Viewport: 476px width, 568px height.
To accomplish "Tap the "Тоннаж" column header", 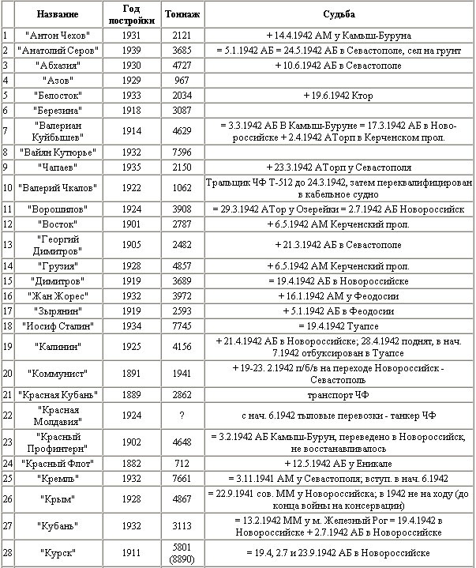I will [x=181, y=14].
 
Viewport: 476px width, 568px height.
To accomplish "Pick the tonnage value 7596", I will [x=181, y=152].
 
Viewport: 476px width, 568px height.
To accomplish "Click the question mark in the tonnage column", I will [x=181, y=416].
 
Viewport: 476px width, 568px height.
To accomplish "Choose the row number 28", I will [x=6, y=553].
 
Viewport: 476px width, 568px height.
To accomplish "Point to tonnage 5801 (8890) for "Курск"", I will [x=181, y=553].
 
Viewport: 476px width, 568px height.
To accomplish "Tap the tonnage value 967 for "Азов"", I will [x=181, y=80].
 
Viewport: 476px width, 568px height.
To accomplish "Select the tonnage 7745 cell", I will [x=181, y=325].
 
